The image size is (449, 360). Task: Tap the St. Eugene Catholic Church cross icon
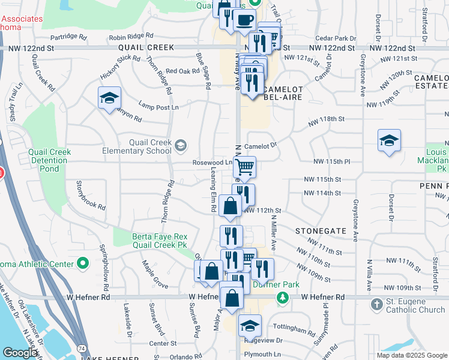(x=376, y=304)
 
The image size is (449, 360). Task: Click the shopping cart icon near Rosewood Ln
(x=245, y=166)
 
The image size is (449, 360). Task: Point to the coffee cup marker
(x=244, y=20)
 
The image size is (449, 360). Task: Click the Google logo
(x=20, y=353)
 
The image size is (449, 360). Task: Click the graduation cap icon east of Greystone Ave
(x=390, y=141)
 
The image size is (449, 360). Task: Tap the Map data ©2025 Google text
(x=412, y=355)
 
